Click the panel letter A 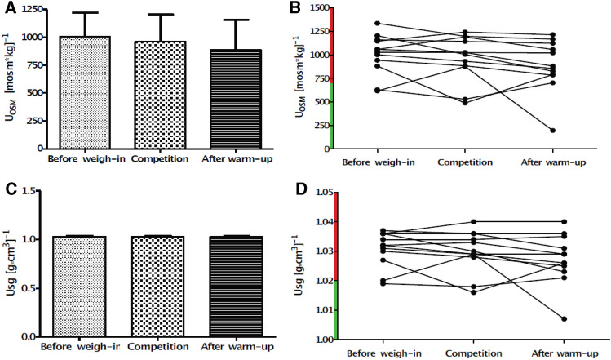coord(7,7)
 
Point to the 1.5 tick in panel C coord(34,191)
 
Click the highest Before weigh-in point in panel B coord(376,24)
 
